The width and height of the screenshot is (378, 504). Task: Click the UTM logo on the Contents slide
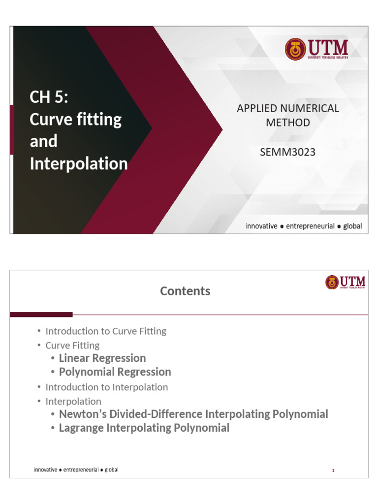345,282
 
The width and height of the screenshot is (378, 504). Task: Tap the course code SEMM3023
287,152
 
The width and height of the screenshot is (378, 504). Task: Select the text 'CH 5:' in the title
49,97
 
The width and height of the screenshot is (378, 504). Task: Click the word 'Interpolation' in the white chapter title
79,163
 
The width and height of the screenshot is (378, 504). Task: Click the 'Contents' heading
185,291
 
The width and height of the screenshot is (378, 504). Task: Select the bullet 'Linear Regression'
102,358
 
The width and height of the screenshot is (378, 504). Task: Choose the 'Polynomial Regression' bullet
115,372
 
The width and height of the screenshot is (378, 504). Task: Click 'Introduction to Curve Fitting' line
106,331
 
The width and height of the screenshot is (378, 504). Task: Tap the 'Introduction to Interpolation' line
106,387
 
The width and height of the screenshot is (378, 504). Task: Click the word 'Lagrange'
81,428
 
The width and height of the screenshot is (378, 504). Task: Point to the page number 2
333,471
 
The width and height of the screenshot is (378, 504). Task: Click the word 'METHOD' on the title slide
288,123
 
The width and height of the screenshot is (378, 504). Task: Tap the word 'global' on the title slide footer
352,226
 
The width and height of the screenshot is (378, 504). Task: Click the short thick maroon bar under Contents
41,315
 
